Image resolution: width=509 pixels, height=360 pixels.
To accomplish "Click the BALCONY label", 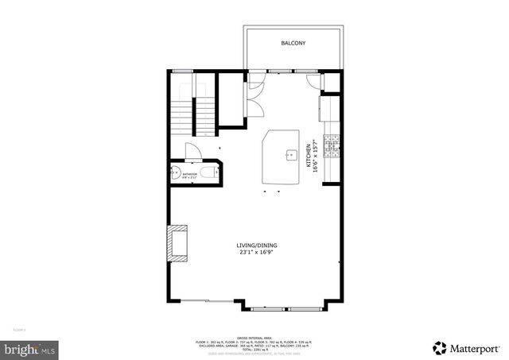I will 293,43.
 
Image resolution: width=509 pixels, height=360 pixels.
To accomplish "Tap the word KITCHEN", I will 309,155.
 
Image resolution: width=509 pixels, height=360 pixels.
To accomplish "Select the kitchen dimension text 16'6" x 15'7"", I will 315,154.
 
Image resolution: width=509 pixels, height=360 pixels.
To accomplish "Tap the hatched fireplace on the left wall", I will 177,242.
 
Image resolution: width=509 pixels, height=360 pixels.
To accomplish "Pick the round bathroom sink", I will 174,173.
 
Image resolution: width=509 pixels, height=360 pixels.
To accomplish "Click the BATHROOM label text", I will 188,173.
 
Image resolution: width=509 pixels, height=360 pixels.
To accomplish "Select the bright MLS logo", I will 29,347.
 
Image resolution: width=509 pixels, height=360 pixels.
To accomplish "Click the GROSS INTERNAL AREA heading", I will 254,337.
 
